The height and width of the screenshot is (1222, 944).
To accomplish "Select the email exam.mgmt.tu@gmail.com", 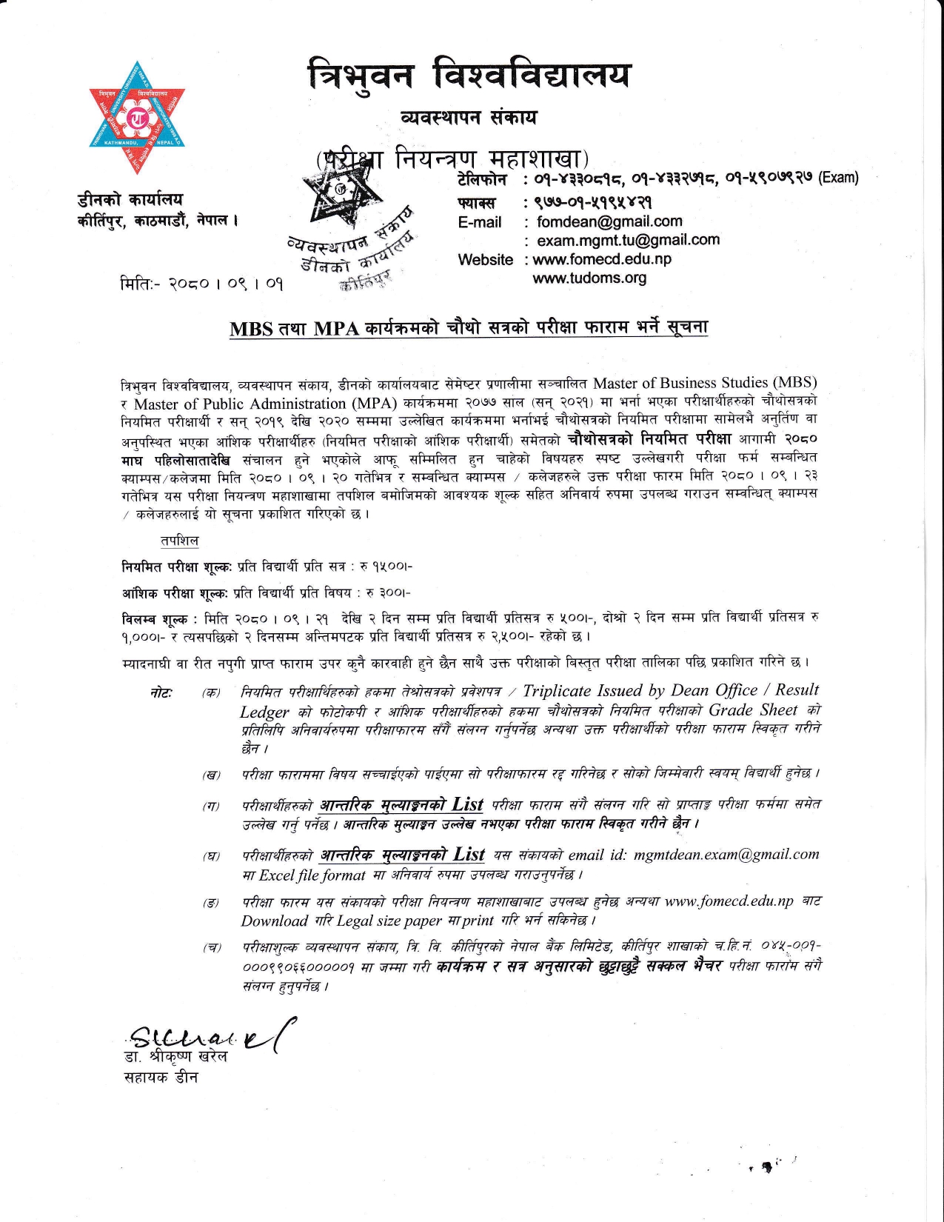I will pyautogui.click(x=627, y=240).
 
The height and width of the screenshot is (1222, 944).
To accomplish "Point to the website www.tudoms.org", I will pyautogui.click(x=589, y=278).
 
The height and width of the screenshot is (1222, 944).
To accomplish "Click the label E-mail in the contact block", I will pyautogui.click(x=479, y=222).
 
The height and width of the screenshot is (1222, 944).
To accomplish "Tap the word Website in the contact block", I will pyautogui.click(x=485, y=260).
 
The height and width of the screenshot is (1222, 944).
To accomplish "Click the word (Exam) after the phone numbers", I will pyautogui.click(x=838, y=178).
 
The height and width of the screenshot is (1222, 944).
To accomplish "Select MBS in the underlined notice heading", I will pyautogui.click(x=251, y=330).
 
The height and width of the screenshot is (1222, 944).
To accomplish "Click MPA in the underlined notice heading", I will pyautogui.click(x=337, y=330).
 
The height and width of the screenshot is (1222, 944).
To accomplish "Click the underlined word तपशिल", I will pyautogui.click(x=179, y=541).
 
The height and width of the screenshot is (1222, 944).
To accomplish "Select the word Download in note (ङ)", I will pyautogui.click(x=274, y=921).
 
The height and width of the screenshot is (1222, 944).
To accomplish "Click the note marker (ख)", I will pyautogui.click(x=212, y=775).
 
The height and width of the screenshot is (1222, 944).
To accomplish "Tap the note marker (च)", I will pyautogui.click(x=212, y=948).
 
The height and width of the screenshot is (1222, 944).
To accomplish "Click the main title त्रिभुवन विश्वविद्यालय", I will pyautogui.click(x=470, y=75).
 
